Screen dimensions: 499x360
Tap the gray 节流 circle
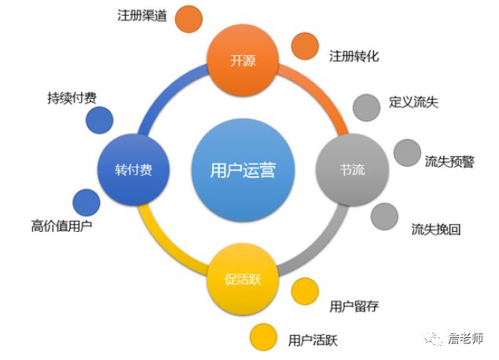(352, 170)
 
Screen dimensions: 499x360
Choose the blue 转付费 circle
(134, 170)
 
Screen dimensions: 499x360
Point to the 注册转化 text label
(354, 57)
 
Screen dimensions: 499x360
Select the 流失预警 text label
(449, 161)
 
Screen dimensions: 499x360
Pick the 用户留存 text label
(354, 306)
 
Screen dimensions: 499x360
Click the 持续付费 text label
(72, 99)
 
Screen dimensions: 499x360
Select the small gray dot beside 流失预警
(407, 153)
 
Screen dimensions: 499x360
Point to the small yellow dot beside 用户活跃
(264, 338)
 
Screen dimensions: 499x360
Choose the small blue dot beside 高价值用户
(86, 203)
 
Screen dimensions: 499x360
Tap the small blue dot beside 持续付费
(99, 120)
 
